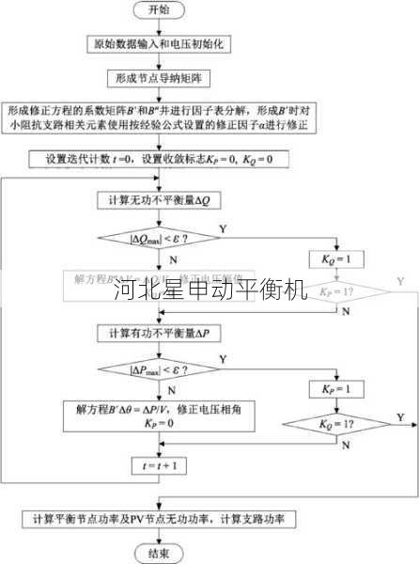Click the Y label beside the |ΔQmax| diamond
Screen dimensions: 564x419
(x=222, y=228)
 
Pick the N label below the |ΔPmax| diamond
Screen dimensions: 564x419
(x=171, y=388)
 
